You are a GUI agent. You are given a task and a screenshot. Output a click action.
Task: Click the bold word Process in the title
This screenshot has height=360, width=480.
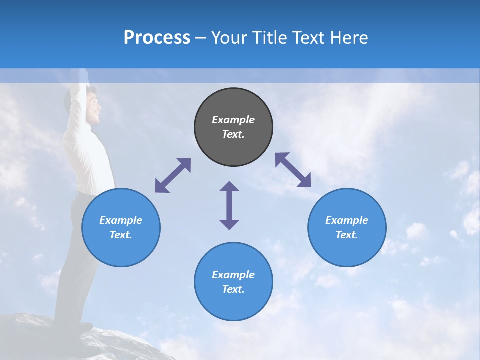click(x=157, y=37)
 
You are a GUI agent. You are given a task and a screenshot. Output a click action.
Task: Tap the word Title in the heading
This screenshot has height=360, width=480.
click(x=269, y=37)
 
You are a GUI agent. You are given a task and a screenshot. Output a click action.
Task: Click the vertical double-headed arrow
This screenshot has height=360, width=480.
click(x=229, y=205)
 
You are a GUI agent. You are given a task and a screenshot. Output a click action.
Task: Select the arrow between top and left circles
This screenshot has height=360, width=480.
click(x=173, y=175)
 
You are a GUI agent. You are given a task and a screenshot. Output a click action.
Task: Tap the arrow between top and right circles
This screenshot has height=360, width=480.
click(x=293, y=170)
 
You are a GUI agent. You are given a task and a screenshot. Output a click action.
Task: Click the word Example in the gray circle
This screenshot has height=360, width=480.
click(x=233, y=120)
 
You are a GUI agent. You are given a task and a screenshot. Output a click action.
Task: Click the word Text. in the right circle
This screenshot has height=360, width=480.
click(x=347, y=235)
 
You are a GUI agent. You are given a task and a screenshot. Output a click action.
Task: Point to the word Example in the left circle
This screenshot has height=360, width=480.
click(x=121, y=220)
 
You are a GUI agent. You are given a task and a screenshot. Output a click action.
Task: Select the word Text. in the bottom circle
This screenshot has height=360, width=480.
click(x=233, y=289)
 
